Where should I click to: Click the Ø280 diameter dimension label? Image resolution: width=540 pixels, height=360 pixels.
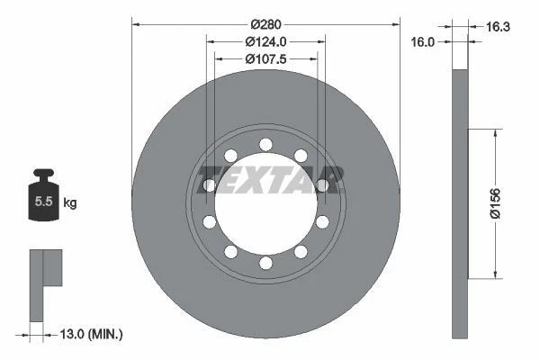coord(265,23)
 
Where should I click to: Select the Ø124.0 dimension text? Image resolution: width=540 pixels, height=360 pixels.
coord(265,41)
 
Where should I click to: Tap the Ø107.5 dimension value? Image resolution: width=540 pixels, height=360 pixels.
coord(265,59)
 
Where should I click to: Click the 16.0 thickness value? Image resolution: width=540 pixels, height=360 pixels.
coord(423,41)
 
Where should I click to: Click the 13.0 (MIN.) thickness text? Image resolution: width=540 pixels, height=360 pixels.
coord(90,334)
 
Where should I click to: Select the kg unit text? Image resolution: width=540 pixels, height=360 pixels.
coord(69,203)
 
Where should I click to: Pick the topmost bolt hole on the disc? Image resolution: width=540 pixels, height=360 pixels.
coord(265,144)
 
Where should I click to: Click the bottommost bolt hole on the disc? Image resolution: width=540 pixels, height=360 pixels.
coord(265,263)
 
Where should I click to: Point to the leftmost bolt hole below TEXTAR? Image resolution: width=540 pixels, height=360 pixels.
coord(210,221)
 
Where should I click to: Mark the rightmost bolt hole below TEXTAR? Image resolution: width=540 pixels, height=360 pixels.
coord(321,221)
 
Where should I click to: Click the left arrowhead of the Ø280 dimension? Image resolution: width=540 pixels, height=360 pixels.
coord(136,23)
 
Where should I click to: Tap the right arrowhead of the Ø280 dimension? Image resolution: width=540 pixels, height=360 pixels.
coord(395,23)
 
